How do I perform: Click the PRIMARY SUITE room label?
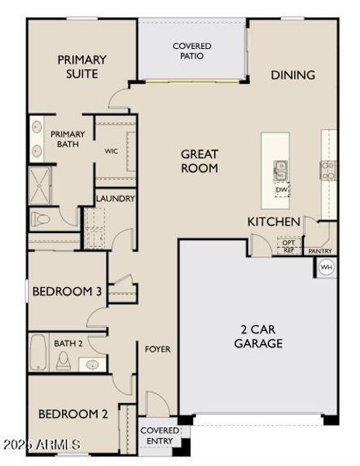point(81,67)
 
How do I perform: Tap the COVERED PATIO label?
point(192,51)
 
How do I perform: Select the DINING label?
point(292,75)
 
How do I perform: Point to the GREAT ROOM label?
point(199,161)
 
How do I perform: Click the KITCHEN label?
point(274,222)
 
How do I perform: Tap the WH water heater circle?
point(326,267)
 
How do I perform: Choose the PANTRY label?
point(320,251)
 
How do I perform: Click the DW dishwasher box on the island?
point(281,189)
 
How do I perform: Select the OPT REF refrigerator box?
point(288,246)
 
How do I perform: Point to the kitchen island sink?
point(281,169)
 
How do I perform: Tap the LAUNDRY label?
point(116,199)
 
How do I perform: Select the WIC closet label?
point(111,151)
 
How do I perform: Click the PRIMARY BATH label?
point(67,139)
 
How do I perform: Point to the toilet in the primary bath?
point(40,221)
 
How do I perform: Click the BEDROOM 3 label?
point(67,292)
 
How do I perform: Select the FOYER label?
point(157,349)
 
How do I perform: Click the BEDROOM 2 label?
point(73,414)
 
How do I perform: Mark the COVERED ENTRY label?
point(159,435)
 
